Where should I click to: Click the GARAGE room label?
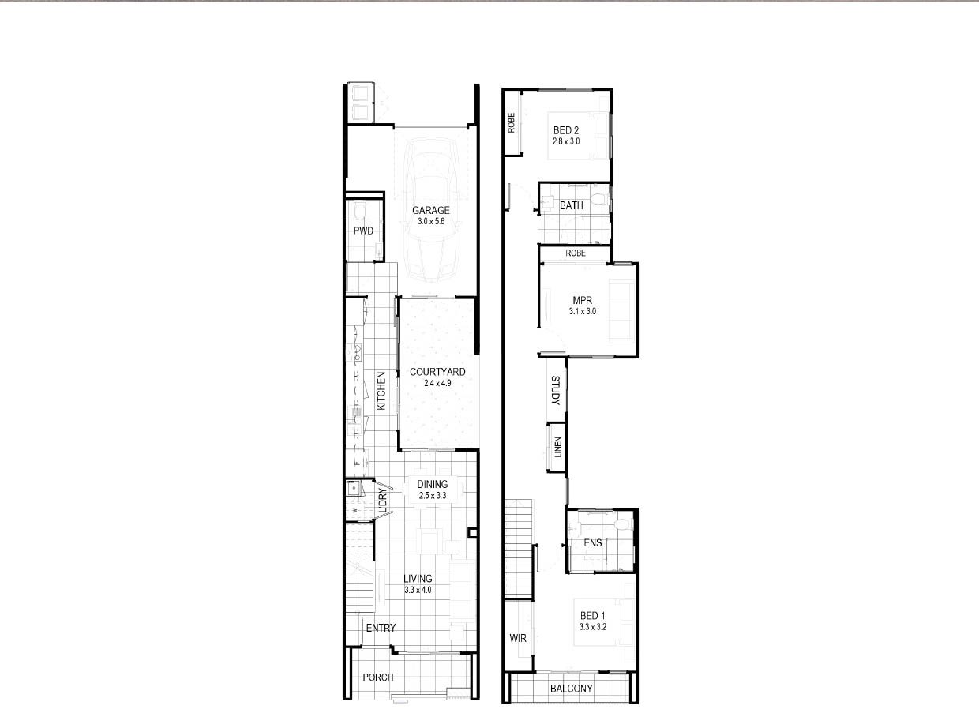431,211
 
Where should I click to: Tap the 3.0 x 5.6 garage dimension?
431,222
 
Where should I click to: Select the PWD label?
364,231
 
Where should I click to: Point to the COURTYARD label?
437,372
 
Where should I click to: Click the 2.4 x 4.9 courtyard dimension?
437,383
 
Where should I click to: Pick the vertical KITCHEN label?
381,391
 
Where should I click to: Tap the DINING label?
433,484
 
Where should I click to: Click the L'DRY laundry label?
383,500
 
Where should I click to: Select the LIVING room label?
418,578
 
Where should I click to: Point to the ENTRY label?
381,628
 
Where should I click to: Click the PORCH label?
378,677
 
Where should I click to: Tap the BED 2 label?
566,130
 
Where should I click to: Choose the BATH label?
571,206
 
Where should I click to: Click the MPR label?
582,300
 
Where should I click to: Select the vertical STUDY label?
555,390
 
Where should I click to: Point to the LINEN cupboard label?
558,447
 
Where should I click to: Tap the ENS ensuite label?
593,543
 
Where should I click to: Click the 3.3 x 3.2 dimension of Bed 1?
593,627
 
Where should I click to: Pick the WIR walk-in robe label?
518,638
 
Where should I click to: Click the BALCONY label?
571,689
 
